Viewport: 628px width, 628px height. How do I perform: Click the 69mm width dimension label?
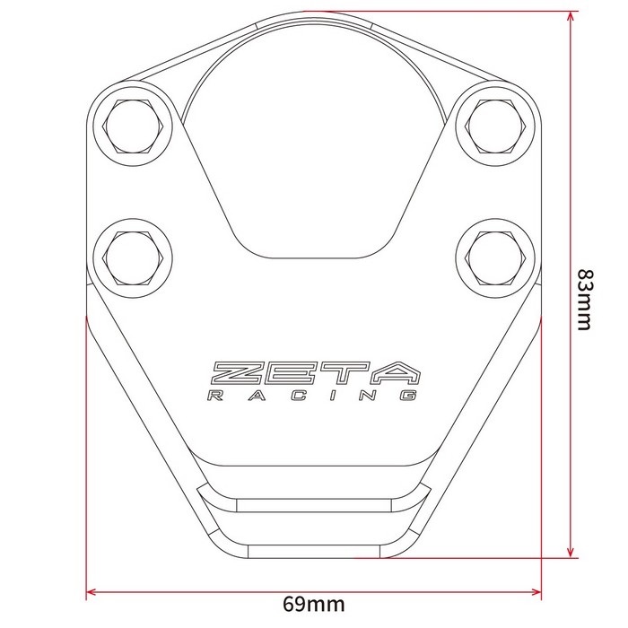coord(314,604)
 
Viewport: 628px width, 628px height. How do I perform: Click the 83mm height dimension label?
coord(584,300)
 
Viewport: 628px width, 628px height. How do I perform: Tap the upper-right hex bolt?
coord(495,126)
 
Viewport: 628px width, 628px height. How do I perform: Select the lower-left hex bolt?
coord(133,258)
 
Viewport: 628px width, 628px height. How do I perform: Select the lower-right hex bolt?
coord(495,258)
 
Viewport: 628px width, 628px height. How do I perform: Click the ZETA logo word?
coord(315,372)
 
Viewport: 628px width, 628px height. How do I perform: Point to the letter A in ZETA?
coord(394,372)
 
